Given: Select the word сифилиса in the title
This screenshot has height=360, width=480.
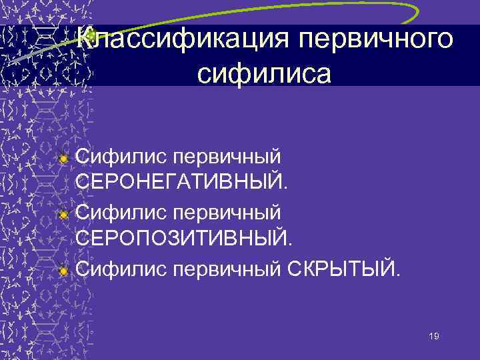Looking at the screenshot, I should pyautogui.click(x=264, y=73).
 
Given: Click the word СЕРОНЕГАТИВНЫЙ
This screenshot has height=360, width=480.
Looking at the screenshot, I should pyautogui.click(x=182, y=181).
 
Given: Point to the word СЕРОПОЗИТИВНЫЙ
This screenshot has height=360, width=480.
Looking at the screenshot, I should pyautogui.click(x=183, y=237).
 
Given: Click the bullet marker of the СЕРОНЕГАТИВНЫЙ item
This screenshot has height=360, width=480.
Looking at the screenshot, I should pyautogui.click(x=63, y=159).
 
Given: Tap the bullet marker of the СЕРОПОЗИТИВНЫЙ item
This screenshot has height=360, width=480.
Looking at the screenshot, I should pyautogui.click(x=63, y=215).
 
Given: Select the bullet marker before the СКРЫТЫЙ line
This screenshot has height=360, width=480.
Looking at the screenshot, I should pyautogui.click(x=63, y=270).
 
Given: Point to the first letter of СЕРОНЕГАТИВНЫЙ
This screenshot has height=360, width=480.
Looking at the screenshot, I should pyautogui.click(x=84, y=181).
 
